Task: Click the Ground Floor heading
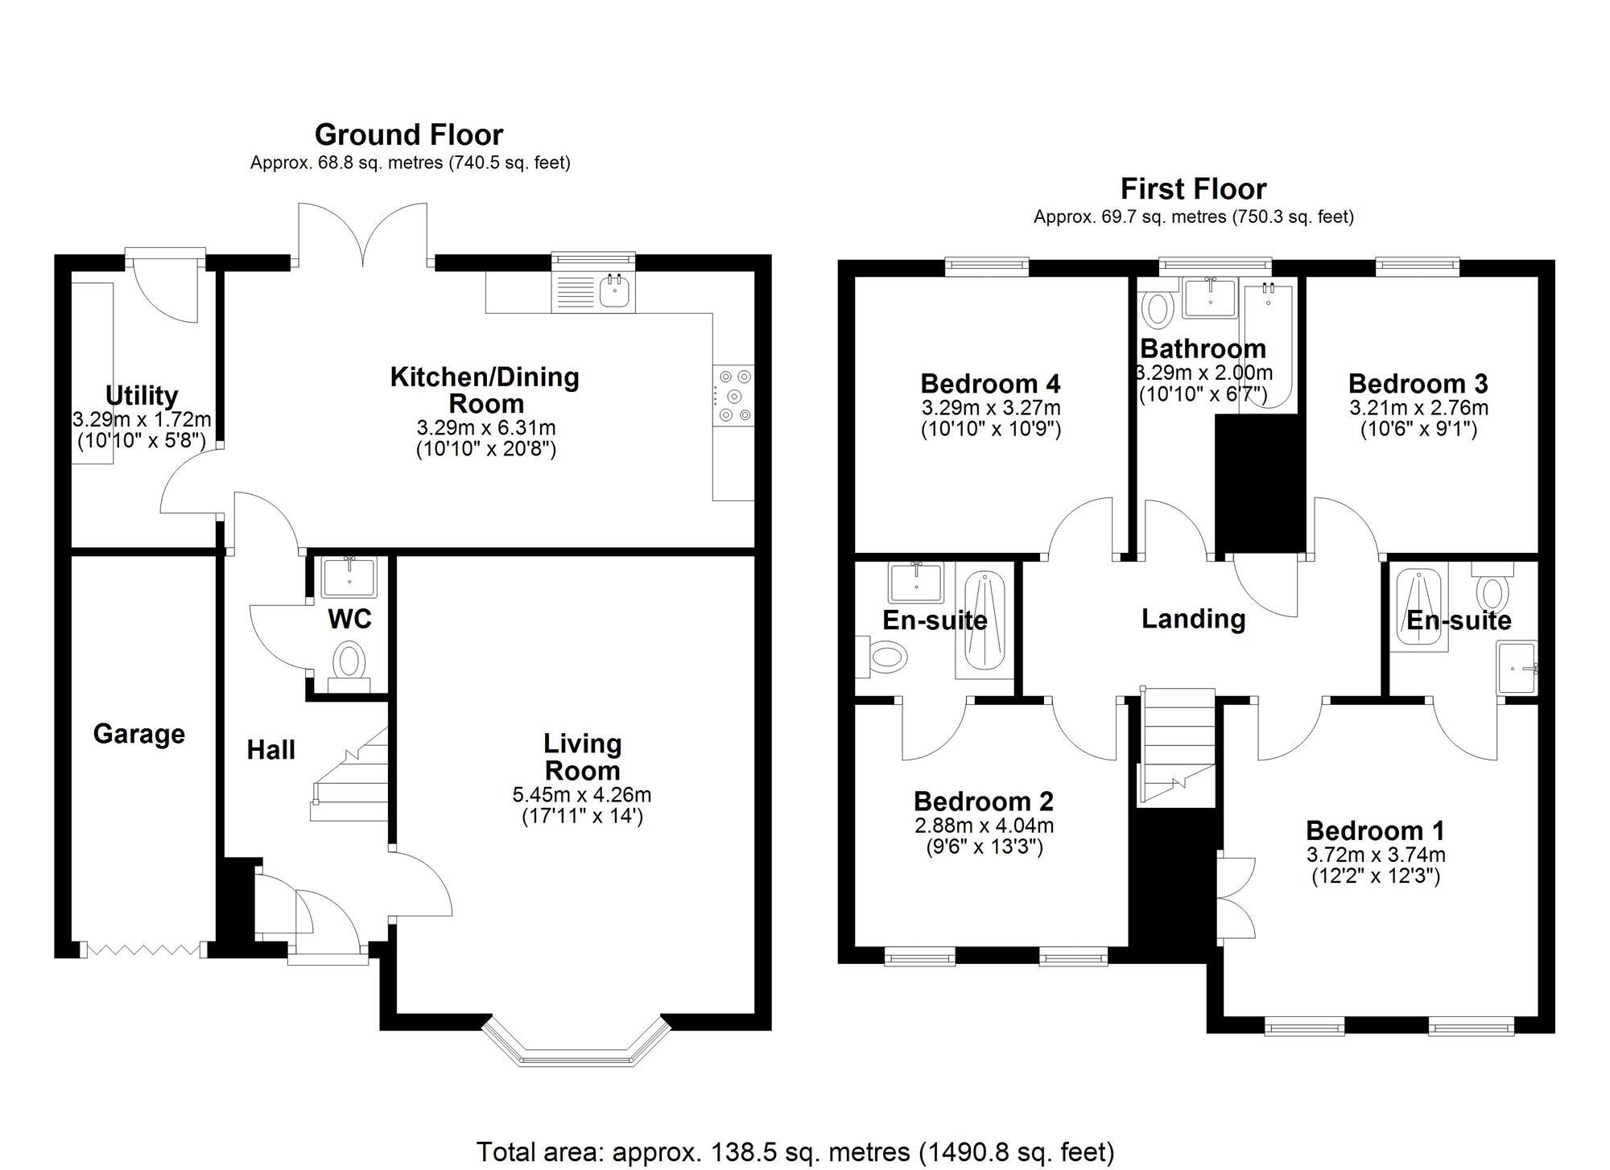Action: tap(408, 134)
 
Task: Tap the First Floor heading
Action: tap(1193, 189)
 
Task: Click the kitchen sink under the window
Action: tap(616, 291)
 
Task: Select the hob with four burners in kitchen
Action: tap(734, 395)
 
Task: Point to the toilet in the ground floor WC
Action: tap(349, 663)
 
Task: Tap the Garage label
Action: tap(138, 734)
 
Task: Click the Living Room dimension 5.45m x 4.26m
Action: tap(581, 795)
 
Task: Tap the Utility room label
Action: tap(142, 395)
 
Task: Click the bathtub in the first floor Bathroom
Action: tap(1268, 346)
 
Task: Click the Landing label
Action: tap(1193, 619)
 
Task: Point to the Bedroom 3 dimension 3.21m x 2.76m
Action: tap(1418, 408)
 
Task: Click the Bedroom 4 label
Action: tap(990, 384)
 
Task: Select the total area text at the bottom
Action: tap(795, 1151)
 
